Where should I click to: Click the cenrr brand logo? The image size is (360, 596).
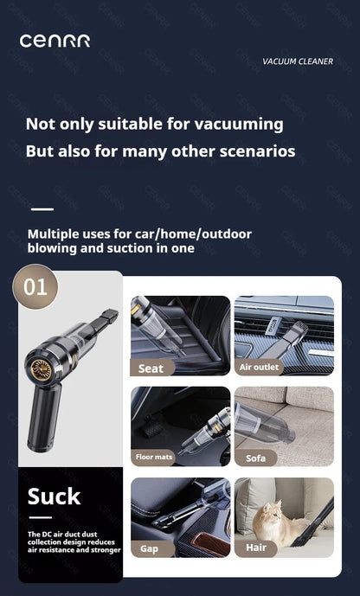55,41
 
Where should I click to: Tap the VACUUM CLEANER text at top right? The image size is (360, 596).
297,61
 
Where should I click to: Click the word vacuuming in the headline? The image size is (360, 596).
235,124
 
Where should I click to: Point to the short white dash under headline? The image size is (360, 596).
42,209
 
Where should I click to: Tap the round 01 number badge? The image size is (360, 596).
35,286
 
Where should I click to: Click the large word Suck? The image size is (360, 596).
54,497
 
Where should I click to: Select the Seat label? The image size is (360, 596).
151,368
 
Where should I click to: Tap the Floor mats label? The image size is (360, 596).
154,457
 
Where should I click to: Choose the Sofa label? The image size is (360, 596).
255,458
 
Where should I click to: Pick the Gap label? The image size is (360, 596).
150,548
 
